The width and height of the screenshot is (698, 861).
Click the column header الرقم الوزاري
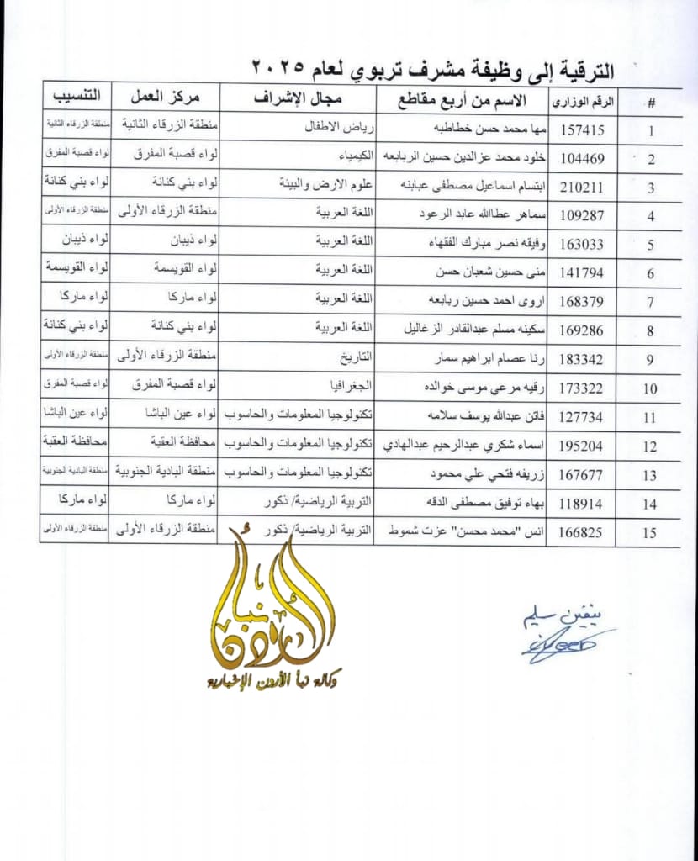tap(583, 102)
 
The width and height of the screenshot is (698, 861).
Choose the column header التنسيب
tap(76, 94)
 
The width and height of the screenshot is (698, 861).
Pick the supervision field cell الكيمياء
tap(343, 156)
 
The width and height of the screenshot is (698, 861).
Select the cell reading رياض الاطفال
tap(337, 128)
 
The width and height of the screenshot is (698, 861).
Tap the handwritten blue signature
tap(564, 637)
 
